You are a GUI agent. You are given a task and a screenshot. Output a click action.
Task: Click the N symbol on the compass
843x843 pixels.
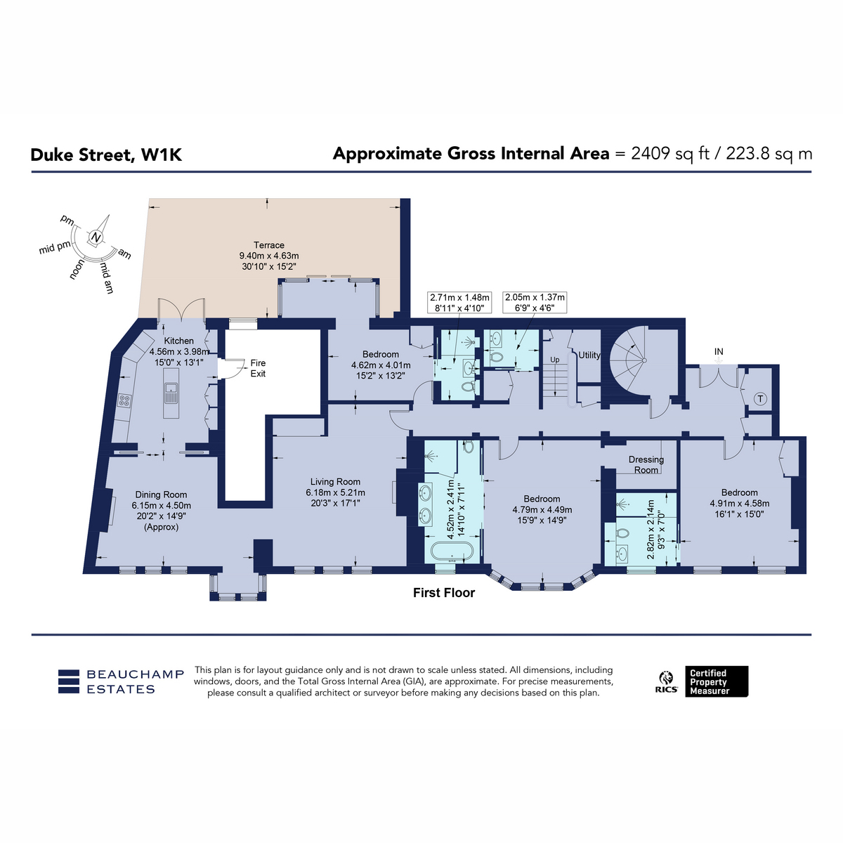96,237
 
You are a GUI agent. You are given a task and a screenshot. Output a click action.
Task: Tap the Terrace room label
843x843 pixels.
268,245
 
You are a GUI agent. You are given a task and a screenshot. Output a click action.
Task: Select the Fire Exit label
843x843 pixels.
258,368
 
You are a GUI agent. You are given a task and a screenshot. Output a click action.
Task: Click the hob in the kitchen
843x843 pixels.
124,400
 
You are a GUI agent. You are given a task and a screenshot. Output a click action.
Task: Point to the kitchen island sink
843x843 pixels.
171,393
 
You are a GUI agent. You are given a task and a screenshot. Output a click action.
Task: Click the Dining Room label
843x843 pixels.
161,495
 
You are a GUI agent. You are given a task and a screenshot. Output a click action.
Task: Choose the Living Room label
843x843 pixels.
335,482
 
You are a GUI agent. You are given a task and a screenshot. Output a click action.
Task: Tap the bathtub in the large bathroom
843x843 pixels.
452,551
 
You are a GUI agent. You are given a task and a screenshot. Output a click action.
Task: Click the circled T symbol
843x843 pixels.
760,398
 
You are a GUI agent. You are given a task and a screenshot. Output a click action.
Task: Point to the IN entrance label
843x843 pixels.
719,351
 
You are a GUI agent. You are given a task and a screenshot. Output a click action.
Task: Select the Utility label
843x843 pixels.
589,355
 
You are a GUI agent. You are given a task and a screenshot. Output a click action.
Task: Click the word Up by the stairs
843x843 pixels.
555,360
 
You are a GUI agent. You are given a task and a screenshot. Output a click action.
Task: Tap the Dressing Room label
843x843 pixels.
646,464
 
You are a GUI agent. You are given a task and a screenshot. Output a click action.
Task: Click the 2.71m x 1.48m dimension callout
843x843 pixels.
459,302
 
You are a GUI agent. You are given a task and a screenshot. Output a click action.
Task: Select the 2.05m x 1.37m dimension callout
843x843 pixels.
535,302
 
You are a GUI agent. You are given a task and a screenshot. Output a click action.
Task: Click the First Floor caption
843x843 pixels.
444,593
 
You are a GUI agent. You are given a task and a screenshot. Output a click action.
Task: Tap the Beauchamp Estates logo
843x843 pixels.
121,681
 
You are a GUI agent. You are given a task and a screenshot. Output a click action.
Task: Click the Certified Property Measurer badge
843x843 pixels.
717,681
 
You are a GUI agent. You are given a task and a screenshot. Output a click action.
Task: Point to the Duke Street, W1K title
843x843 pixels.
106,155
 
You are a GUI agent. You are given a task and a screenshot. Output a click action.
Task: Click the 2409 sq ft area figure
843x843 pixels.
669,154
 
